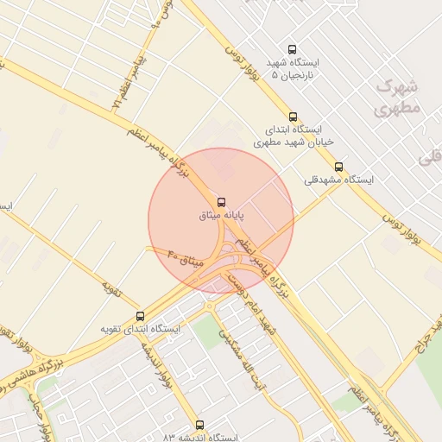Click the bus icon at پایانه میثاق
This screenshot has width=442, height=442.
click(222, 201)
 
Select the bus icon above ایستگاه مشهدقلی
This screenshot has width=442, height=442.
click(338, 167)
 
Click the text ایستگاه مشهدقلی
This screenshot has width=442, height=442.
click(339, 180)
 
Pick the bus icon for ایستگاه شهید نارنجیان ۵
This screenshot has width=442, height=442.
click(292, 50)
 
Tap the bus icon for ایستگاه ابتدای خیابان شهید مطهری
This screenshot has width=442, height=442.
click(293, 117)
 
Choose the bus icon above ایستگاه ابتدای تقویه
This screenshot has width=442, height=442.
click(141, 316)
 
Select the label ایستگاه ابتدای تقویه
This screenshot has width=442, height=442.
click(140, 329)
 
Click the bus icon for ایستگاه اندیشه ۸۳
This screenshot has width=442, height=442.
click(200, 425)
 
